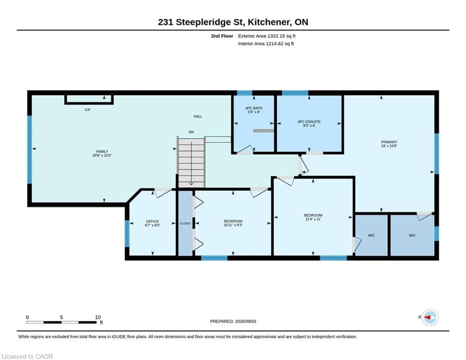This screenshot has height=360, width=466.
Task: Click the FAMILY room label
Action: coord(102,151)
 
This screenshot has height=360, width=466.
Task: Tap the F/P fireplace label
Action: coord(88,110)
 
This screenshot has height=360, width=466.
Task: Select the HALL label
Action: coord(198,116)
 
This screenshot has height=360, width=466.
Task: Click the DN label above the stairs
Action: coord(191,132)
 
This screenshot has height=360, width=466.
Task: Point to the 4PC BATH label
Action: coord(254,108)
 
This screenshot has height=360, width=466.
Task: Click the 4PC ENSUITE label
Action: coord(309,122)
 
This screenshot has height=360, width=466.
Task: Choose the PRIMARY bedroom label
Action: coord(389,142)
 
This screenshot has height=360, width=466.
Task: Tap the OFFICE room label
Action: coord(153,221)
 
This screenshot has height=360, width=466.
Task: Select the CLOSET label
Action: coord(185,224)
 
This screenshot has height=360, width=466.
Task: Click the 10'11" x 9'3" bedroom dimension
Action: coord(233,225)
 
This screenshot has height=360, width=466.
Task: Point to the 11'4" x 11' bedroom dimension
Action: coord(313,219)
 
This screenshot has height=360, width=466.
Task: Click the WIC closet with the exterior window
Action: coord(412,235)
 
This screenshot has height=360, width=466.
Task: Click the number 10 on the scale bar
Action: coord(98,317)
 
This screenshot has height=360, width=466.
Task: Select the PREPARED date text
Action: coord(233,321)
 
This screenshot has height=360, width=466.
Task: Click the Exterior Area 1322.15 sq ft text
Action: coord(266,36)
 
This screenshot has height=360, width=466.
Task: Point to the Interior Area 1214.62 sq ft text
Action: coord(266,44)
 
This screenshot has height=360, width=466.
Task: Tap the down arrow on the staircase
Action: coord(191,163)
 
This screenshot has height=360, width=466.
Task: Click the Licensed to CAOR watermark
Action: coord(27,356)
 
